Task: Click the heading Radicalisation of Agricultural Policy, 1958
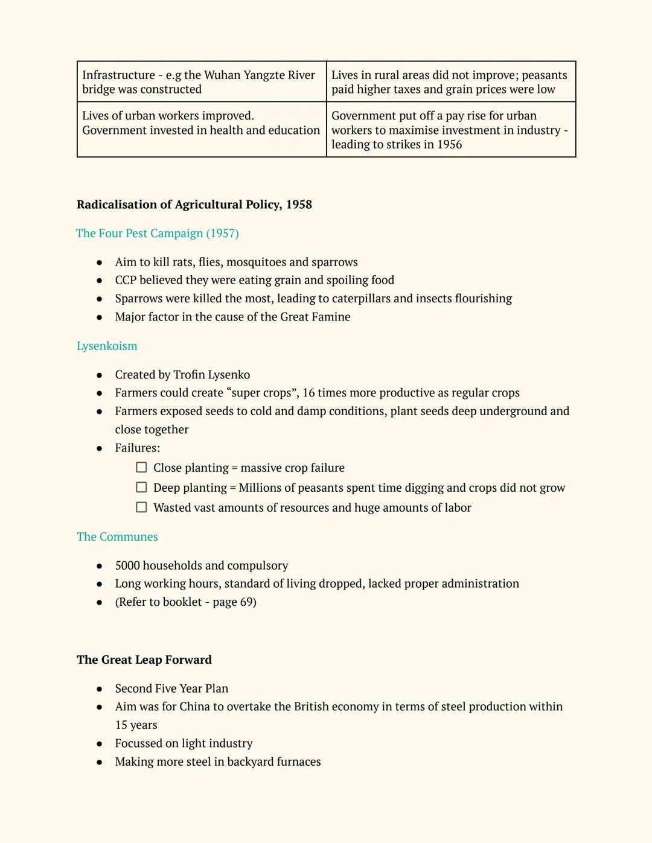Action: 194,205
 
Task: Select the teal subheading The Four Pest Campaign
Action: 157,234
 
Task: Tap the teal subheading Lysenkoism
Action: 107,346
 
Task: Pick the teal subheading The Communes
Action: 117,537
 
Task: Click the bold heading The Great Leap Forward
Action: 144,660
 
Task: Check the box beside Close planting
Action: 141,468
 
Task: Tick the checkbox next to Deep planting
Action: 141,488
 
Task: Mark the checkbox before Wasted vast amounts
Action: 141,507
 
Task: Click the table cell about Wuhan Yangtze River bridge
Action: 202,82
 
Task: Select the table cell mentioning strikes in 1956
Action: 450,130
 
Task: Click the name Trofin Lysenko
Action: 211,375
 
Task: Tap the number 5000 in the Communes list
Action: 127,566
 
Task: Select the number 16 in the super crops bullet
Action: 308,393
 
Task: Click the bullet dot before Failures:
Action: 99,448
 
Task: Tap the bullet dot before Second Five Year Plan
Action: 99,689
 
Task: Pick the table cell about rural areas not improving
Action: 450,82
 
